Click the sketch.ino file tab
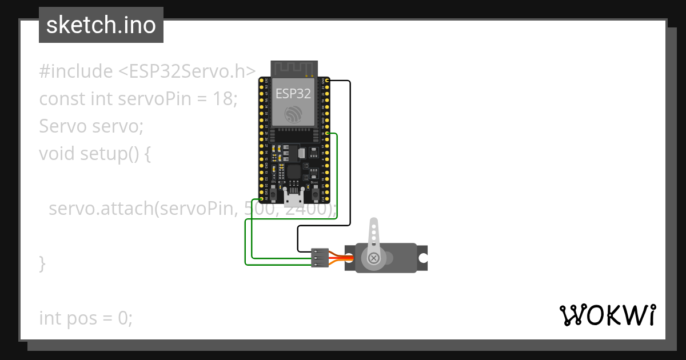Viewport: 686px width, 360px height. tap(101, 25)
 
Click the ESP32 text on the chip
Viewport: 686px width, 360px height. tap(293, 94)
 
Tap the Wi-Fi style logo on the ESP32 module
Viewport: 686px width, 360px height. tap(293, 113)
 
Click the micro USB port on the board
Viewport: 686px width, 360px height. tap(294, 198)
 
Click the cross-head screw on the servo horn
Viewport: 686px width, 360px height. tap(374, 258)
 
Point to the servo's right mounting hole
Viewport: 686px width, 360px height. tap(422, 258)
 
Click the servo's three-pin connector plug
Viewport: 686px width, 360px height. tap(320, 258)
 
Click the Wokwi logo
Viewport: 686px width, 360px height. tap(607, 315)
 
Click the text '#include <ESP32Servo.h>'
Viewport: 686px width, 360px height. tap(147, 71)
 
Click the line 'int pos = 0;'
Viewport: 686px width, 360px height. tap(86, 318)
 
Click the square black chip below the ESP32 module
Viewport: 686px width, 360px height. tap(294, 171)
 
